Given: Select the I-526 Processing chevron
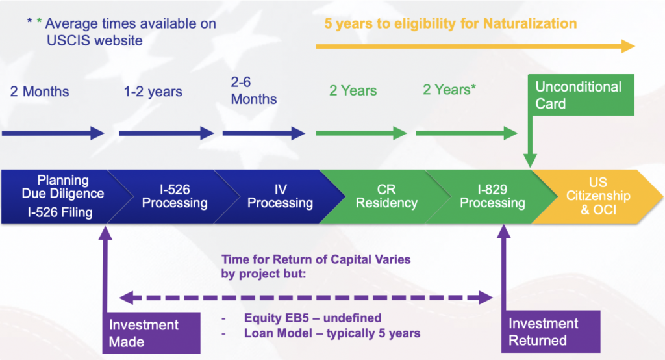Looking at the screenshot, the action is coord(174,196).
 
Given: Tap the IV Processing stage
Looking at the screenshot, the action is coord(280,196).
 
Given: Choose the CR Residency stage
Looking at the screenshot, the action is coord(386,196).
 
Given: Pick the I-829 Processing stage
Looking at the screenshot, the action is coord(492,196).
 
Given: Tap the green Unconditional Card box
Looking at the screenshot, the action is coord(581,95).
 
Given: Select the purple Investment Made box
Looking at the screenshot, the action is coord(151,333).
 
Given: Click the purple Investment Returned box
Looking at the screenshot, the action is coord(551,331).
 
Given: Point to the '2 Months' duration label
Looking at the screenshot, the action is coord(40,91).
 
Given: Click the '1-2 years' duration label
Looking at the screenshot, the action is coord(153,92).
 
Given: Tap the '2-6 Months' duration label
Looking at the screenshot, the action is coord(254,90).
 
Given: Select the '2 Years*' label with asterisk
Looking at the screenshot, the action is coord(449,90).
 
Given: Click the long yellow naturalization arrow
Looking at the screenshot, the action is coord(475,46).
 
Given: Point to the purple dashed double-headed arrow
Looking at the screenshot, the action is coord(307,298).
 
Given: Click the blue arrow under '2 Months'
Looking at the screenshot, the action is coord(53,133).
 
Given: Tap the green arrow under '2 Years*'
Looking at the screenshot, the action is coord(466,133).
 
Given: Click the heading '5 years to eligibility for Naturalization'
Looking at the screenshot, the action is coord(451,24).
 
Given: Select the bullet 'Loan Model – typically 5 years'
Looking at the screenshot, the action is coord(332,333).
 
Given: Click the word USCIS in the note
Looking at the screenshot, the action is coord(69,41).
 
